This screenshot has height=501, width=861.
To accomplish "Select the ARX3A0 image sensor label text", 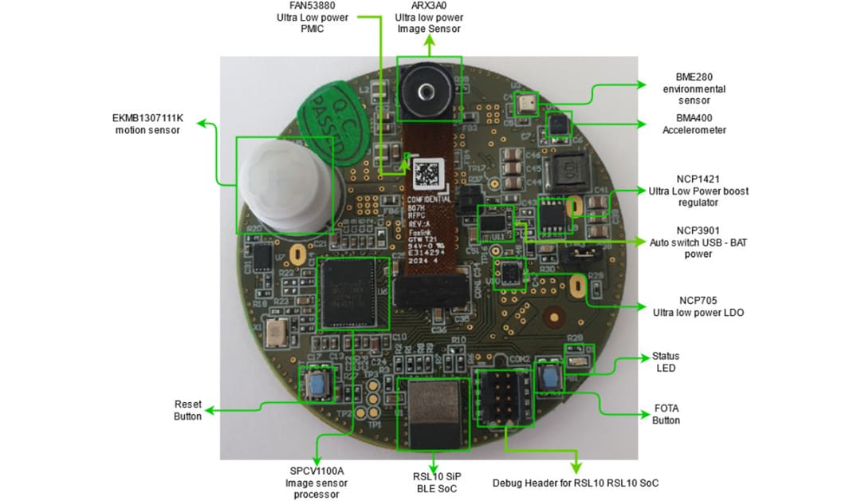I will (430, 17).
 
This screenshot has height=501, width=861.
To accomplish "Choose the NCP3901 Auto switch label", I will (698, 242).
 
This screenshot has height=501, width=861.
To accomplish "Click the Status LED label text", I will (666, 361).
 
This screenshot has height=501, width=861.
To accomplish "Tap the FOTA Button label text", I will (666, 414).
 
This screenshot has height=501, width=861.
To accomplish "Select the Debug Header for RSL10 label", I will (576, 483).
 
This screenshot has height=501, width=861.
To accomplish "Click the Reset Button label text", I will (187, 410).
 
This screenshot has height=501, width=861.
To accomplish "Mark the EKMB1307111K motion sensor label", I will (147, 124).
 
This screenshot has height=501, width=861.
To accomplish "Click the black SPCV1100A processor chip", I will (353, 293).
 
